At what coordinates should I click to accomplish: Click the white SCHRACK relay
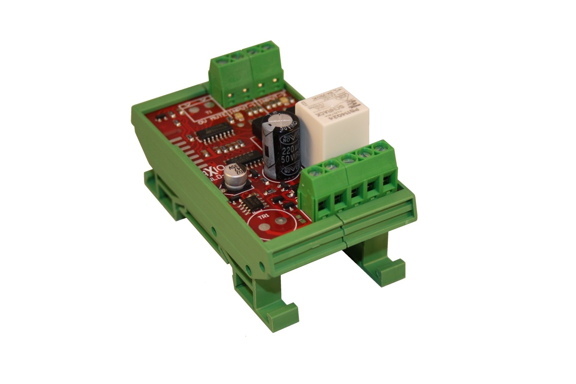point(333,126)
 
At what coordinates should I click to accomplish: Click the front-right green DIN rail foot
point(387,270)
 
